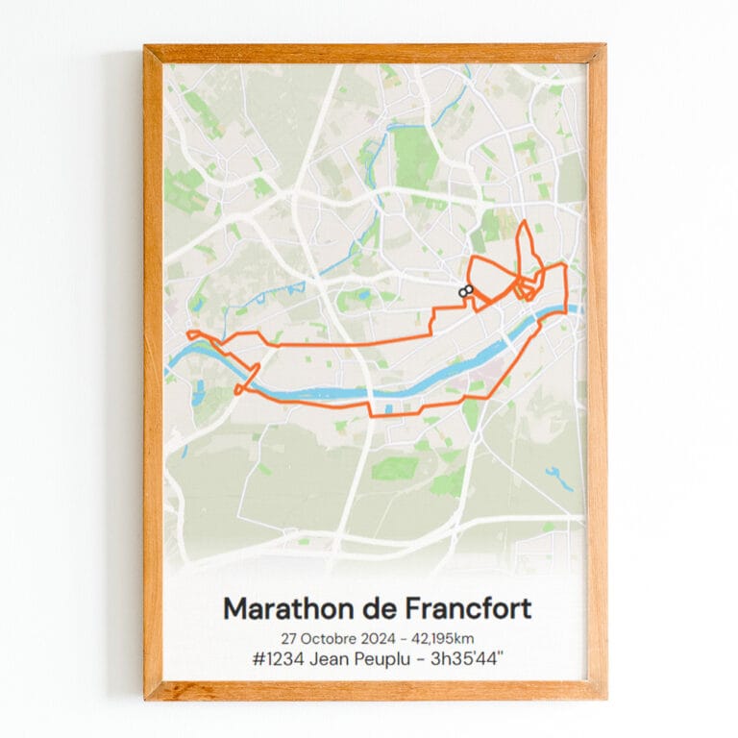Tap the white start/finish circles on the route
(466, 290)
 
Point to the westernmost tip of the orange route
(188, 334)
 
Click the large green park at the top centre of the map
(416, 154)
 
